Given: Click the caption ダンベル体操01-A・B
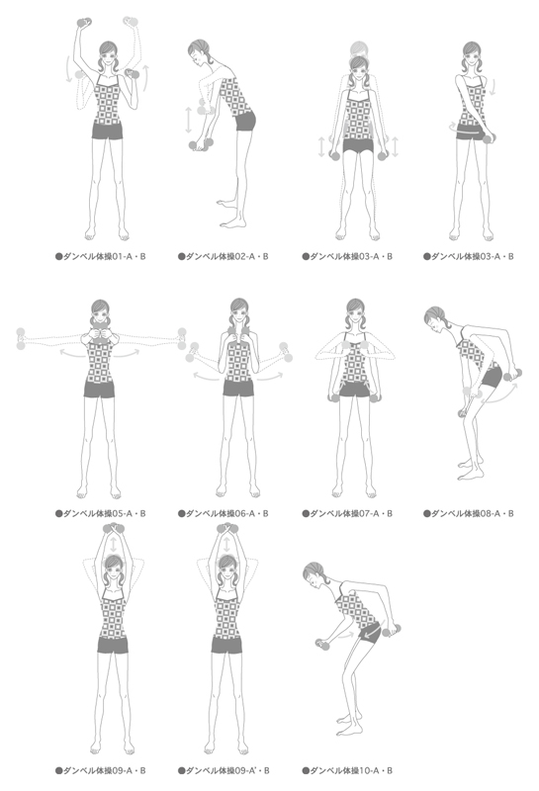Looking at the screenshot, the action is (x=106, y=256).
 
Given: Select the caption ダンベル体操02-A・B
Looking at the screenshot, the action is (x=227, y=256).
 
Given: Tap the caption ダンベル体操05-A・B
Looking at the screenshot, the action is (x=106, y=513).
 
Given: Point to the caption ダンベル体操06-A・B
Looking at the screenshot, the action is (x=227, y=513).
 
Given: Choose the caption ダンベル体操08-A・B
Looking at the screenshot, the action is (x=473, y=513).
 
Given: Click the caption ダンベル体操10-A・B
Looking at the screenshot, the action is (x=351, y=770).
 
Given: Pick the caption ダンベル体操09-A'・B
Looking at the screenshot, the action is (x=227, y=770).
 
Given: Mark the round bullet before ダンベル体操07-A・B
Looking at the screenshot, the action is (x=306, y=513).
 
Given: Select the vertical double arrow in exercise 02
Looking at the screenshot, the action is (x=188, y=120).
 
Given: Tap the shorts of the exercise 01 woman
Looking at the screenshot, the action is (x=108, y=131).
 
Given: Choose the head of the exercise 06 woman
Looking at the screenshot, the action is (x=239, y=311).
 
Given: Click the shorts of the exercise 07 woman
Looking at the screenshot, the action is (x=353, y=389).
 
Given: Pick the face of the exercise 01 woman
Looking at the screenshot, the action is (x=110, y=57).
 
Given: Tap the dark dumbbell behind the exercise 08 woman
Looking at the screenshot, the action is (x=512, y=375).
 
